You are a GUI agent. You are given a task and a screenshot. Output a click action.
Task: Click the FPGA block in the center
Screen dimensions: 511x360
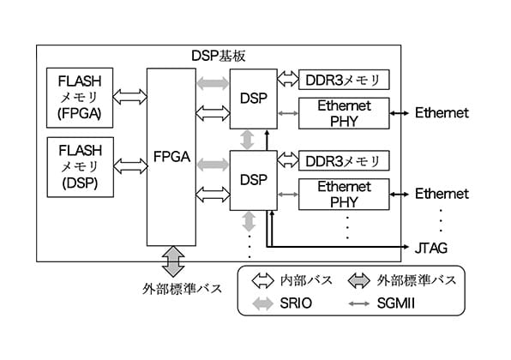pyautogui.click(x=171, y=157)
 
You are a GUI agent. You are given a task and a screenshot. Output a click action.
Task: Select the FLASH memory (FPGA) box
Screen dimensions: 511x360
pyautogui.click(x=80, y=98)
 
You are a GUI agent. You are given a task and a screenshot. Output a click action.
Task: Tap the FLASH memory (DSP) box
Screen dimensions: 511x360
pyautogui.click(x=81, y=167)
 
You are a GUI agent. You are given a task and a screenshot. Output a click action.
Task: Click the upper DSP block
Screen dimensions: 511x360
pyautogui.click(x=254, y=99)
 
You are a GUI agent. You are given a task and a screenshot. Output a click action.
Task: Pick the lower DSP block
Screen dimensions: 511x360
pyautogui.click(x=254, y=180)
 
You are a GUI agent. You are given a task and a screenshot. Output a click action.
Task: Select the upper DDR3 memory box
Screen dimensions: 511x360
pyautogui.click(x=344, y=80)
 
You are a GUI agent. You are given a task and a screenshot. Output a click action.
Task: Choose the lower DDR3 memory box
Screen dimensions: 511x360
pyautogui.click(x=344, y=160)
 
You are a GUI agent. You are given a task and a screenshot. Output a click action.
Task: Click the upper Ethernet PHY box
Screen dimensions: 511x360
pyautogui.click(x=344, y=113)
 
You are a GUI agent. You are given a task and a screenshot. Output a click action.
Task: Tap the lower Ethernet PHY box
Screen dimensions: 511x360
pyautogui.click(x=344, y=195)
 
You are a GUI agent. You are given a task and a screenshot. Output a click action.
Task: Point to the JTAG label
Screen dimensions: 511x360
pyautogui.click(x=430, y=249)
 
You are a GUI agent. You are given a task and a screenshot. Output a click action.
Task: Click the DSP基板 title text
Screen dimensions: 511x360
pyautogui.click(x=218, y=56)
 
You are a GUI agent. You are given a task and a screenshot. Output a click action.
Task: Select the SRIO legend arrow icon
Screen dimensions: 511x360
pyautogui.click(x=262, y=303)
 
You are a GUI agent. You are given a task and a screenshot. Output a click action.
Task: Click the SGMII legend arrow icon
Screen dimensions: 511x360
pyautogui.click(x=358, y=303)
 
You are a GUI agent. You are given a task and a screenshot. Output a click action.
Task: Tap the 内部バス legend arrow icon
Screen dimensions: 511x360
pyautogui.click(x=262, y=281)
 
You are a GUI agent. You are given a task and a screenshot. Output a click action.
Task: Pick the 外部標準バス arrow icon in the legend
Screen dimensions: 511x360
pyautogui.click(x=358, y=281)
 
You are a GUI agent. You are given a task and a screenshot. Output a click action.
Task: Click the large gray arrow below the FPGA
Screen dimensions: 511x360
pyautogui.click(x=173, y=262)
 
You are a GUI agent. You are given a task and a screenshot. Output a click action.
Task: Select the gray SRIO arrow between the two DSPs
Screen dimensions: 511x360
pyautogui.click(x=247, y=140)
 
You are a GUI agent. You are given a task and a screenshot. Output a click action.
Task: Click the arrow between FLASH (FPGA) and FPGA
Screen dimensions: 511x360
pyautogui.click(x=129, y=97)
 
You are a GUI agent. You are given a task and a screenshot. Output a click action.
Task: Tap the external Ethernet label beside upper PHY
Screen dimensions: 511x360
pyautogui.click(x=442, y=113)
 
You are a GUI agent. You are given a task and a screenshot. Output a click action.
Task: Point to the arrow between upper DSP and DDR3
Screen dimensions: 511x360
pyautogui.click(x=288, y=79)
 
